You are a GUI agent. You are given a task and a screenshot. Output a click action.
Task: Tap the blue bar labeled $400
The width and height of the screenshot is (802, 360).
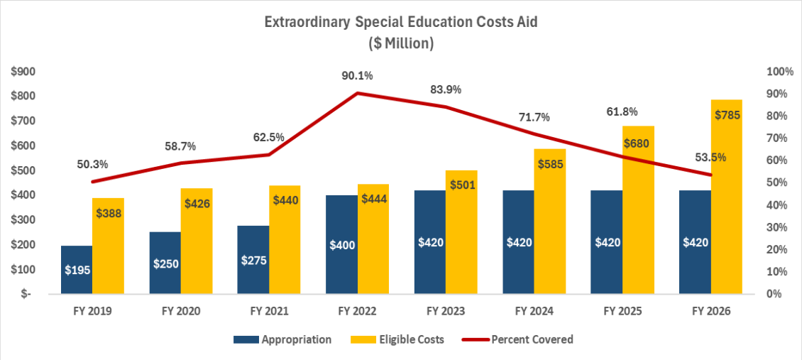click(341, 244)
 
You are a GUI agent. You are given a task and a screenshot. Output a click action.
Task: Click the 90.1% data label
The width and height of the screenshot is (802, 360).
click(357, 76)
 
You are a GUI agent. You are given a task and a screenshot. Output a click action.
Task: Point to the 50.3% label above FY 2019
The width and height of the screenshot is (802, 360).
click(92, 164)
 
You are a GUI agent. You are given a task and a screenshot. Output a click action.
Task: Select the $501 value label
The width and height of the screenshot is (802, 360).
click(461, 185)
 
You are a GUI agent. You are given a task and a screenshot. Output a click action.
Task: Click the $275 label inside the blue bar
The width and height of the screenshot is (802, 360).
click(253, 260)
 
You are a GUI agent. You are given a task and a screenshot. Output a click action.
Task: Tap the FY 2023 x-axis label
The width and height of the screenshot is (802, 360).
click(446, 311)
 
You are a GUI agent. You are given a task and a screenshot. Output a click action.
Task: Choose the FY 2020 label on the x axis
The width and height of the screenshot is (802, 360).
click(181, 311)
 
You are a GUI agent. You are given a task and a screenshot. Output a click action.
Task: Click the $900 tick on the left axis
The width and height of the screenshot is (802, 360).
click(24, 72)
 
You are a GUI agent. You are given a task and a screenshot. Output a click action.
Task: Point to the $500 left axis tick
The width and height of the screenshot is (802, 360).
click(24, 170)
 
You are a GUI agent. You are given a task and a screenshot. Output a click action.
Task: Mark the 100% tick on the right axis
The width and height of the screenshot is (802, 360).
click(780, 72)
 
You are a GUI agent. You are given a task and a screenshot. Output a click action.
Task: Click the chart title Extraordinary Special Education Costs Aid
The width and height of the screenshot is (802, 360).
click(401, 22)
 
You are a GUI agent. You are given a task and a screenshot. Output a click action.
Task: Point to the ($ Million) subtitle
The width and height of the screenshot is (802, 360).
click(401, 43)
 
